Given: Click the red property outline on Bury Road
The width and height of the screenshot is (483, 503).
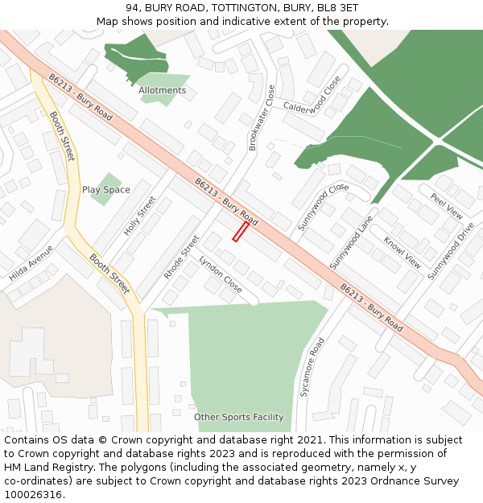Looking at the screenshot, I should click(240, 232).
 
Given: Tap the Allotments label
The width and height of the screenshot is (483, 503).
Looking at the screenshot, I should click(162, 91).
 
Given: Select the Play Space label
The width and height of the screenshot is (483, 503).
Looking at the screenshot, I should click(105, 190).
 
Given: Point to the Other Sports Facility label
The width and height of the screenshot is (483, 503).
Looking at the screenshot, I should click(238, 417).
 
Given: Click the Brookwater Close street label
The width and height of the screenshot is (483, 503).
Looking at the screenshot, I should click(261, 118).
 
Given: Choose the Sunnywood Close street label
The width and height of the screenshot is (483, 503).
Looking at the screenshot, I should click(323, 206).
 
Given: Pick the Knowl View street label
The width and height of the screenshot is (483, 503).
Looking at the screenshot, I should click(402, 252).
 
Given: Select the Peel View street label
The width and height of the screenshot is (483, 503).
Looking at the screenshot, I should click(446, 207).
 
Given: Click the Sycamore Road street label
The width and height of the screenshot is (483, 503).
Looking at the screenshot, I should click(312, 367).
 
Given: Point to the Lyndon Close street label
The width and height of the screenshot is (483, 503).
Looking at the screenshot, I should click(221, 274).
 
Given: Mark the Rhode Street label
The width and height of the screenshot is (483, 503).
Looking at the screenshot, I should click(181, 258).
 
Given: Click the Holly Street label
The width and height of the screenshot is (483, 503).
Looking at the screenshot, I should click(139, 216).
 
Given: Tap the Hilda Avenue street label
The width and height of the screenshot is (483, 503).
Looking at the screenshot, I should click(31, 263).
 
